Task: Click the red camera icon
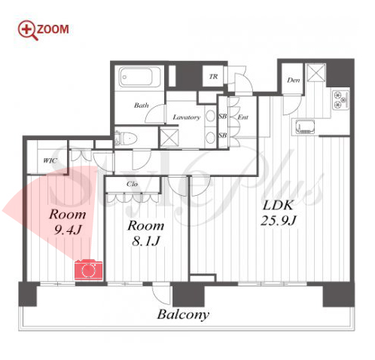pos(89,270)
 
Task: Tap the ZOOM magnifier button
pos(43,30)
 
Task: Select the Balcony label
pos(183,315)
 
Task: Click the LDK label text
pos(278,206)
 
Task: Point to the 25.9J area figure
pos(279,221)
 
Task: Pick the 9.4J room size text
pos(68,230)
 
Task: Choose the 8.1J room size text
pos(146,242)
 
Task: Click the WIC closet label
pos(50,160)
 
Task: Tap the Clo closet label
pos(132,184)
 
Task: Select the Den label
pos(294,81)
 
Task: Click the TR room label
pos(214,77)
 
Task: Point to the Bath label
pos(142,105)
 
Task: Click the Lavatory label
pos(187,117)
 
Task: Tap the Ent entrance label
pos(242,117)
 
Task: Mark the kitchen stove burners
pos(341,100)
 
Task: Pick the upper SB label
pos(223,117)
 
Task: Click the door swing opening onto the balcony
pos(161,294)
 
